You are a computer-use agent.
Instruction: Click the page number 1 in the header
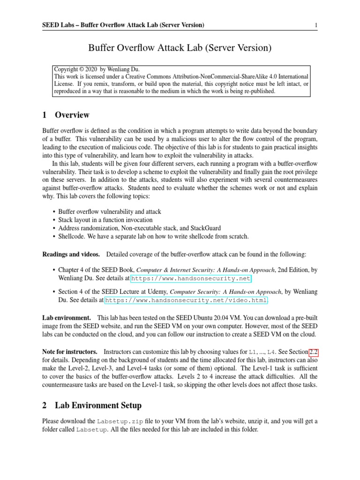(x=316, y=25)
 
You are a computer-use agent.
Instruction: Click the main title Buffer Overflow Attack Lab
(x=180, y=48)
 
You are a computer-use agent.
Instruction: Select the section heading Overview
(x=72, y=115)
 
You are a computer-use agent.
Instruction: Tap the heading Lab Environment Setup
(x=98, y=405)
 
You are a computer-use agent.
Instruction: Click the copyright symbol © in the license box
(x=81, y=68)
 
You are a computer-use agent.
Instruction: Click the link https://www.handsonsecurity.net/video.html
(x=186, y=300)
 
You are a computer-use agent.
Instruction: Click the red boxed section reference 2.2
(x=312, y=352)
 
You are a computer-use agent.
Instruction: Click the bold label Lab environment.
(x=67, y=318)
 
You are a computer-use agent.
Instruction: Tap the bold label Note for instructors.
(x=70, y=352)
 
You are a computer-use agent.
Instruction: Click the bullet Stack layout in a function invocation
(x=105, y=219)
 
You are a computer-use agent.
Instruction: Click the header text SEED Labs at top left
(x=59, y=25)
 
